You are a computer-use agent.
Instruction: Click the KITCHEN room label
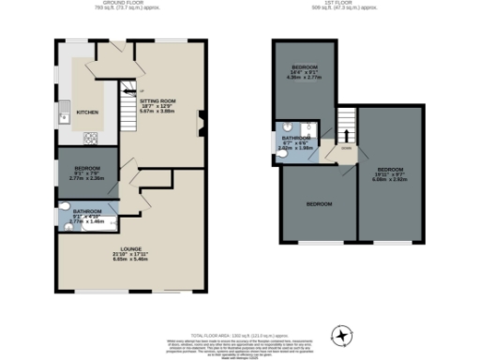(x=87, y=112)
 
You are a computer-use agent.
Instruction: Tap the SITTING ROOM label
(x=157, y=99)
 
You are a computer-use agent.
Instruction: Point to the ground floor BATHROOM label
(x=87, y=212)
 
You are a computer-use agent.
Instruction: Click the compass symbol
(x=343, y=335)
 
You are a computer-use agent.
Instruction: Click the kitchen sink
(x=63, y=117)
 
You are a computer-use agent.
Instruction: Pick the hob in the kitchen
(x=92, y=139)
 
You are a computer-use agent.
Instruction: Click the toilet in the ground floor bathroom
(x=63, y=207)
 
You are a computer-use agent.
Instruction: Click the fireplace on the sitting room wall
(x=199, y=121)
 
